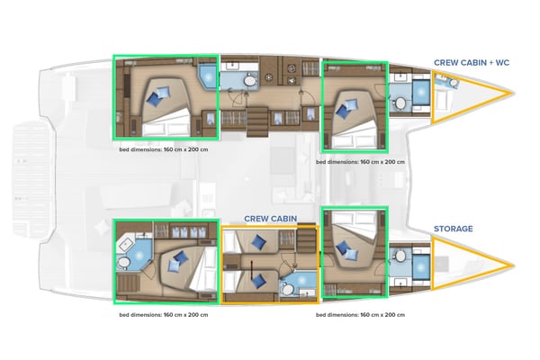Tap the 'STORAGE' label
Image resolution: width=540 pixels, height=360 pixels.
454,229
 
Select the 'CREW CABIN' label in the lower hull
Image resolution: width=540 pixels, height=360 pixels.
269,219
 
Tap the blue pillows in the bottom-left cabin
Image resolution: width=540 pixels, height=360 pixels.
181,260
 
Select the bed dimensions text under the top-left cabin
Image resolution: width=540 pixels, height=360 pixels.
165,149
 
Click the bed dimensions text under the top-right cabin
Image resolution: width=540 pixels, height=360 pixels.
360,163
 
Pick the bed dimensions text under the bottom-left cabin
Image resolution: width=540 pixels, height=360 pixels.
165,314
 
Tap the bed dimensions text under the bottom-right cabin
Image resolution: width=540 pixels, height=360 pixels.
360,314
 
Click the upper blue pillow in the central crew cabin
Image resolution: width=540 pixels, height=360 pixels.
257,241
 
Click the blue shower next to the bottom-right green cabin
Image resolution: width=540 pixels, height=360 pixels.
418,267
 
